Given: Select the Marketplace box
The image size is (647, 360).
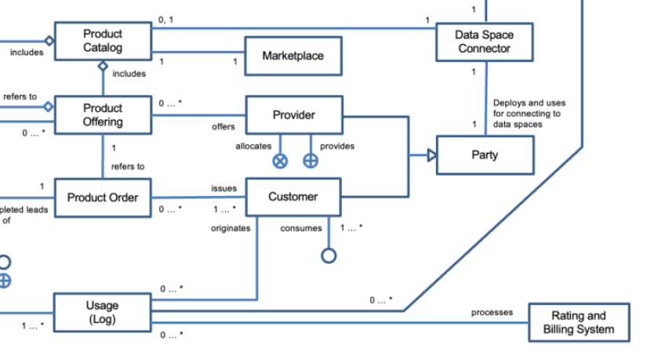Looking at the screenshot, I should point(293,56).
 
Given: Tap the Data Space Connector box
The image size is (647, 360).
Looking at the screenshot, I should point(484,42).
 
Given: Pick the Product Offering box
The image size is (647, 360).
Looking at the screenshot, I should point(103,115).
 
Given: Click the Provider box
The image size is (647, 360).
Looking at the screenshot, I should point(293,115).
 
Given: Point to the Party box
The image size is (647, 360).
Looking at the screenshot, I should point(484,155).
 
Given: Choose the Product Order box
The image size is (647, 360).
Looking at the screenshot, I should point(102,198).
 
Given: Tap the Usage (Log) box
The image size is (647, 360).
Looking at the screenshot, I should point(102,312).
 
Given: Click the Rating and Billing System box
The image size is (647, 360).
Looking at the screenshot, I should point(578,322).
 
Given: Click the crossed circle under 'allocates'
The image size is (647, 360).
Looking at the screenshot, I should point(280,161).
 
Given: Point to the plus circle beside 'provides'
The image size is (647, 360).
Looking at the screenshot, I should point(311,161).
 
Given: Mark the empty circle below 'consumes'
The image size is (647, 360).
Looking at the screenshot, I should point(329,256).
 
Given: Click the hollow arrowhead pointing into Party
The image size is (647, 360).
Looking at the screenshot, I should point(431,155).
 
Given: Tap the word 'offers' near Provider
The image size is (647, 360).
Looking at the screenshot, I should point(223,126).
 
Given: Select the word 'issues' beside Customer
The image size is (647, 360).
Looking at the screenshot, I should point(224,189).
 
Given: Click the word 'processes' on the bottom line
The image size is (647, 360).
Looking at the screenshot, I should point(492,312).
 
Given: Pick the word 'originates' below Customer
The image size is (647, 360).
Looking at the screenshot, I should point(231,228).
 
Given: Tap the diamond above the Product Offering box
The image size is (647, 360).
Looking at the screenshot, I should point(102,67).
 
